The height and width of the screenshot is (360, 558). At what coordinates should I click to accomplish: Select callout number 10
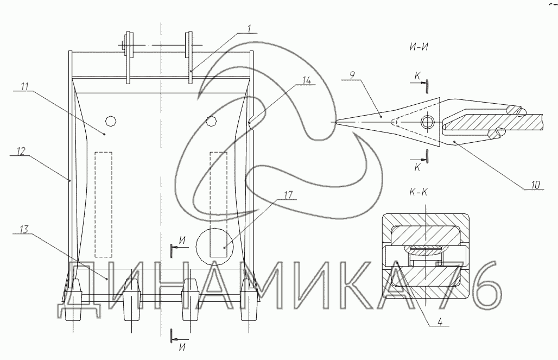coord(536,185)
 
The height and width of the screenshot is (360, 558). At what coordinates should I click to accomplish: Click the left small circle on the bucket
coord(111,121)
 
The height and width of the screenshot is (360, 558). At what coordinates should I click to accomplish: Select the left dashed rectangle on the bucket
coord(103,204)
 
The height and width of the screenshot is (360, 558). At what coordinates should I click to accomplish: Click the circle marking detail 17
coord(212,246)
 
